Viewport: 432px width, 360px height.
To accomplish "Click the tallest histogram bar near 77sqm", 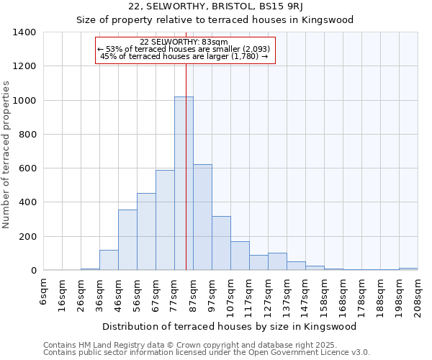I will tap(184, 184).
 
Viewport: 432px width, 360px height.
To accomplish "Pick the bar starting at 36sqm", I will tap(109, 260).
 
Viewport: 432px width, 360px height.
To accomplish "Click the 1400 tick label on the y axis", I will tap(24, 32).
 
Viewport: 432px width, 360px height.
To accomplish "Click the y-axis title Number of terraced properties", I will tap(7, 155).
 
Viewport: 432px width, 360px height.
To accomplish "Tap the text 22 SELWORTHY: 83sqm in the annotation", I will tap(184, 42).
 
